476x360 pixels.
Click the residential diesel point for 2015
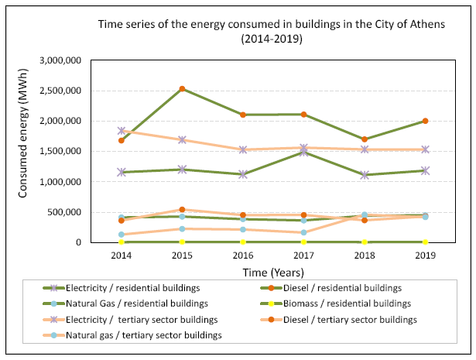click(182, 88)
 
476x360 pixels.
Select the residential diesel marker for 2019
click(425, 121)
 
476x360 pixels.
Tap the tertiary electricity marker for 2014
click(122, 131)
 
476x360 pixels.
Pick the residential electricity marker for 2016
click(243, 174)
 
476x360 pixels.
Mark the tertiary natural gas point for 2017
click(303, 232)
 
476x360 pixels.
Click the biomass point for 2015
click(182, 242)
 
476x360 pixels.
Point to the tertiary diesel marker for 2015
click(182, 210)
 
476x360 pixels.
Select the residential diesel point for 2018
click(365, 139)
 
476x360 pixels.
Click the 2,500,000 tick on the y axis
click(60, 91)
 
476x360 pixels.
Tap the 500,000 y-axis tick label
click(64, 212)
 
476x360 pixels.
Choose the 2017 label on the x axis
click(303, 255)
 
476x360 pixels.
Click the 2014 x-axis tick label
click(122, 255)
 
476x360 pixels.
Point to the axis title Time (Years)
click(273, 273)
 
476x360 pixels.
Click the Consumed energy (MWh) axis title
click(22, 134)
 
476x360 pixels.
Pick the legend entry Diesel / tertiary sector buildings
click(338, 320)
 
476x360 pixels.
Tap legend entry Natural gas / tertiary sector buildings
click(132, 335)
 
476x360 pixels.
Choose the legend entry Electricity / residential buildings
click(122, 288)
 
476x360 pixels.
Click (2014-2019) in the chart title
click(272, 39)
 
